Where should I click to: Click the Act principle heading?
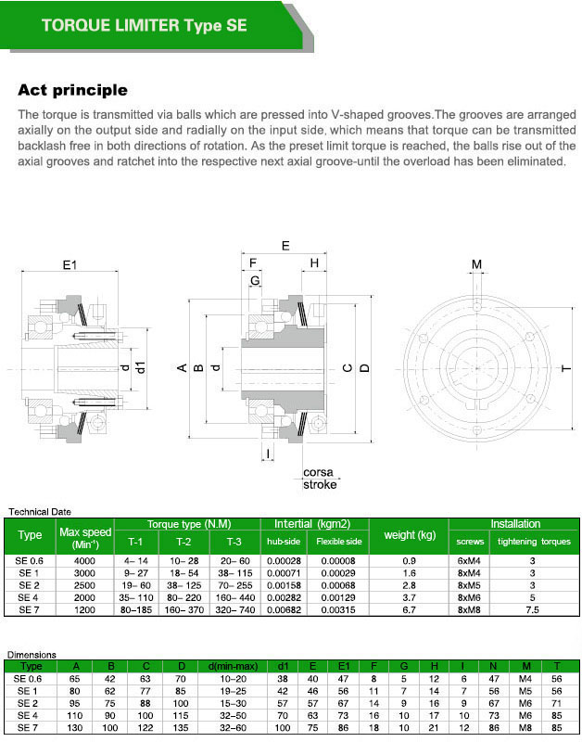pos(72,91)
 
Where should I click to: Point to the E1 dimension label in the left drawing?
pos(70,266)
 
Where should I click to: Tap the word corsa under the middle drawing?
pos(318,472)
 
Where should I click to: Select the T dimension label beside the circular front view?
pos(565,368)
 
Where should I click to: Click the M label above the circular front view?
pos(476,265)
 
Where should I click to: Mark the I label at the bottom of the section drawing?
pos(268,454)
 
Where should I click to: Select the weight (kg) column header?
pos(409,535)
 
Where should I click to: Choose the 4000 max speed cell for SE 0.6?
pos(84,561)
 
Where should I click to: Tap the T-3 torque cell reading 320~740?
pos(235,612)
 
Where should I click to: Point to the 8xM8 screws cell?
pos(469,612)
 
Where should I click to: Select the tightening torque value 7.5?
pos(533,612)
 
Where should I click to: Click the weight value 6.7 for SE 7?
pos(409,612)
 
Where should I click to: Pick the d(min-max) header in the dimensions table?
pos(225,666)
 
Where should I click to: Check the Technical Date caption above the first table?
pos(40,511)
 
